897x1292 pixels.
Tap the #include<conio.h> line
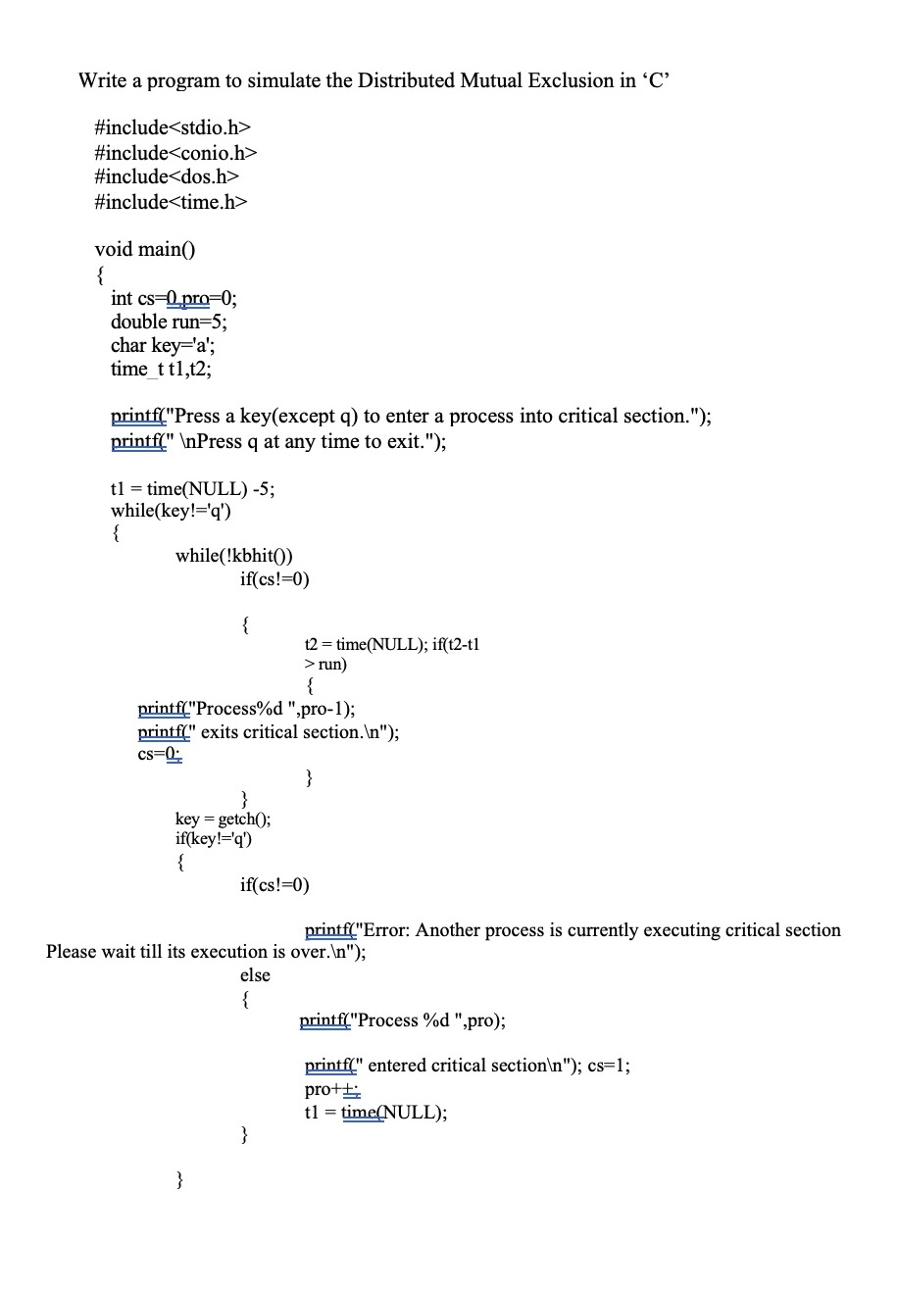pos(175,152)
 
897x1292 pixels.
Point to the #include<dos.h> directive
pos(167,176)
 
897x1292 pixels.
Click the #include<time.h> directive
pos(171,201)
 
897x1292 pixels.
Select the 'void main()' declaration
pos(145,249)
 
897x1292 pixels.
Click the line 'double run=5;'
pos(169,322)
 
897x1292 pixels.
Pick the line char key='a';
pos(163,345)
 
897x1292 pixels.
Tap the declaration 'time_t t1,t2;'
pos(161,370)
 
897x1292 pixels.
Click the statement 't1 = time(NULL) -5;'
pos(192,488)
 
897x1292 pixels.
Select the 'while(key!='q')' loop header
pos(171,510)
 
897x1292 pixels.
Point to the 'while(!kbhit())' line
pos(233,556)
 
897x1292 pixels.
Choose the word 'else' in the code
pos(255,975)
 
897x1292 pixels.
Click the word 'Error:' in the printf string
pos(385,930)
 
